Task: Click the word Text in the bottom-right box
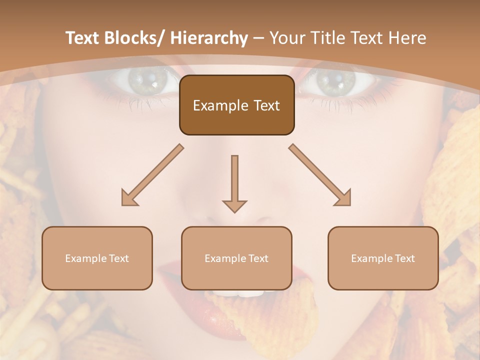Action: [x=404, y=258]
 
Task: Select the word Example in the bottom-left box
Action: [x=85, y=258]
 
